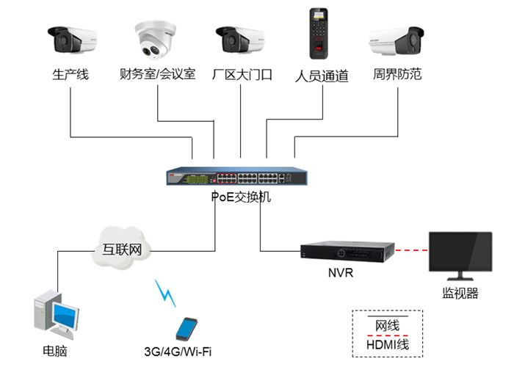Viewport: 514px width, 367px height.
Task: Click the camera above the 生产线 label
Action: pos(72,40)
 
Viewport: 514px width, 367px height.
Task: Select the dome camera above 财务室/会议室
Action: pos(156,40)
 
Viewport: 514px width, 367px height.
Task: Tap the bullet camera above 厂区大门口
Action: pos(239,40)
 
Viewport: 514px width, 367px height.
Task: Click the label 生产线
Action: pos(70,74)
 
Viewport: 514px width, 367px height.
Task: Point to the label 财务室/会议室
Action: pos(157,74)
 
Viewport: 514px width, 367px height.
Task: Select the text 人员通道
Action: pos(321,76)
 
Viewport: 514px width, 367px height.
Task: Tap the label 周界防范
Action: pos(397,74)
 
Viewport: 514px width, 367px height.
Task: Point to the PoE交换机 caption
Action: pos(240,197)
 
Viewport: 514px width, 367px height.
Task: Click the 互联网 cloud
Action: pos(123,248)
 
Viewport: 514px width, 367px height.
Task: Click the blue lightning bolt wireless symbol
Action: pos(167,292)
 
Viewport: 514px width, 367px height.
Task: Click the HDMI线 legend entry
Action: pos(387,344)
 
